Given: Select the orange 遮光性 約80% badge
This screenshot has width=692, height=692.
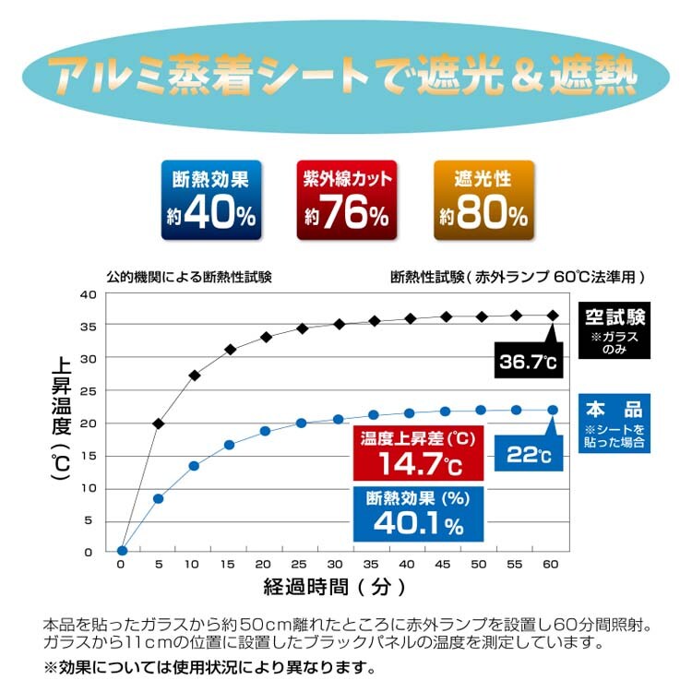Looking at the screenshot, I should (x=483, y=200).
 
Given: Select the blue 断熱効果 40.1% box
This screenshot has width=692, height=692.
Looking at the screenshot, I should (x=417, y=513).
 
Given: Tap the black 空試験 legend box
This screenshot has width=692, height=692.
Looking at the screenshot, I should (x=614, y=329).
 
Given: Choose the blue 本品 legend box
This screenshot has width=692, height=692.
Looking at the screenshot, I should (x=614, y=425).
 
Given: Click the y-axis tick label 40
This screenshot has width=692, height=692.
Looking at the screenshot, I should (x=89, y=294).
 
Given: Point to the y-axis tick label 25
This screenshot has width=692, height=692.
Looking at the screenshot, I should (x=89, y=390).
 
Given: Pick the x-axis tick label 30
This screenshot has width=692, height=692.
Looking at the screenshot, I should (x=338, y=564).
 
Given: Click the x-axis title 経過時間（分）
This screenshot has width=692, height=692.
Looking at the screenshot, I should (x=334, y=587).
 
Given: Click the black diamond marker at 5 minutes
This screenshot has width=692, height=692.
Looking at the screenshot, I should (x=159, y=424).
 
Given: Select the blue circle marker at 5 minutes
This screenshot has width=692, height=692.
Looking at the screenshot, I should (x=159, y=498).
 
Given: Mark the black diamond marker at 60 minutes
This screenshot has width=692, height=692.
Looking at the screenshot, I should (x=553, y=316).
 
